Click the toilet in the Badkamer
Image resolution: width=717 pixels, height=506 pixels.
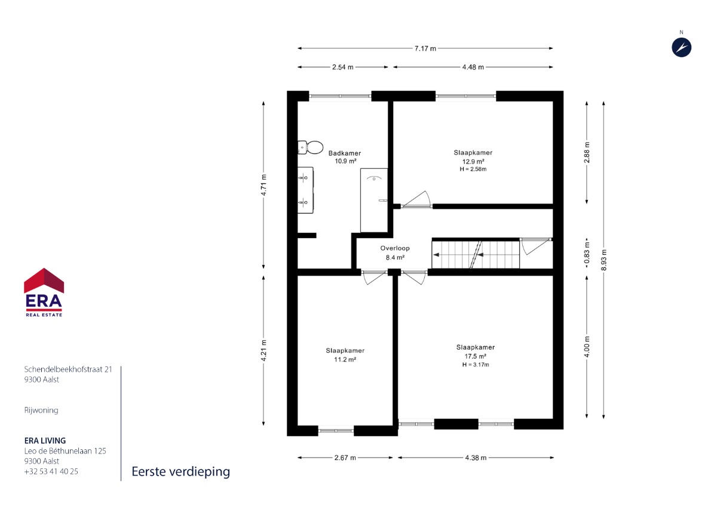[310, 147]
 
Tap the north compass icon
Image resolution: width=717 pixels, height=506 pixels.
[681, 48]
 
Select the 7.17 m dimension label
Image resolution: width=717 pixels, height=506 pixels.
[425, 48]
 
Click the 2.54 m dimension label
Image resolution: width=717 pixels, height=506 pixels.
[342, 67]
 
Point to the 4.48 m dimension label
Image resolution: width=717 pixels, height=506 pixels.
[473, 67]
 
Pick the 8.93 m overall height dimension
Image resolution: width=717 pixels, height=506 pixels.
[603, 260]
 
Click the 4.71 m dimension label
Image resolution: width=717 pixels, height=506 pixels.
[263, 185]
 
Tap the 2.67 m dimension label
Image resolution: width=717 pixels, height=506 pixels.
[345, 458]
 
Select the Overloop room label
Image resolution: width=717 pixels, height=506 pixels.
[395, 248]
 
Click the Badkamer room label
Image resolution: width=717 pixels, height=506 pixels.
[345, 153]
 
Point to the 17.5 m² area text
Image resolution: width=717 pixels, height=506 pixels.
[476, 356]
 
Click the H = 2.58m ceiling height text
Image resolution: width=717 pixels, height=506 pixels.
[473, 169]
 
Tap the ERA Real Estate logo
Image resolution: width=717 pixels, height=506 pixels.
[44, 292]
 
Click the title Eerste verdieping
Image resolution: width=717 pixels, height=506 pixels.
[181, 472]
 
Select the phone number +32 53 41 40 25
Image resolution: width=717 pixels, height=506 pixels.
[51, 471]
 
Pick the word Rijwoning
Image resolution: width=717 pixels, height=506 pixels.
[41, 410]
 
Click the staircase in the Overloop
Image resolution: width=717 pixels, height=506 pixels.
[476, 255]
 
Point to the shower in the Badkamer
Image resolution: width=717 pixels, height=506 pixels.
[374, 200]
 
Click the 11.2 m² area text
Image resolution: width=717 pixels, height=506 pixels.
[345, 360]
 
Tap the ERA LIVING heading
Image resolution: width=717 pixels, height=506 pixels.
[45, 441]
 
